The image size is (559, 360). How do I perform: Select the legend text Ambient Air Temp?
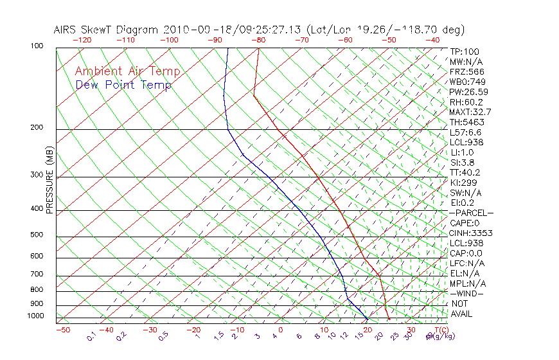[x=127, y=71]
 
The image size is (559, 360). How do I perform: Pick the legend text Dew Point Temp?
[x=123, y=85]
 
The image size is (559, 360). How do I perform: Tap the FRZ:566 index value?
[x=467, y=72]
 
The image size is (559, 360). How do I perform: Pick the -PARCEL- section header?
[x=471, y=213]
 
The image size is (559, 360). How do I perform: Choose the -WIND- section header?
[x=467, y=293]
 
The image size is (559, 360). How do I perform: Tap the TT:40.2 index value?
[x=465, y=172]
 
